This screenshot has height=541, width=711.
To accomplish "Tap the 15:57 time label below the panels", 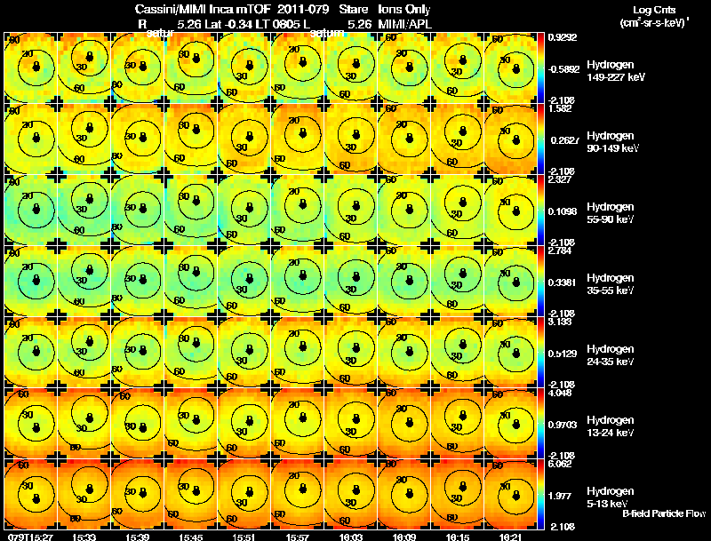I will (x=301, y=537).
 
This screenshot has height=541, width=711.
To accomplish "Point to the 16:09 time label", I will (x=408, y=537).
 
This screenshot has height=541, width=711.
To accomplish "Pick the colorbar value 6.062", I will (x=563, y=464).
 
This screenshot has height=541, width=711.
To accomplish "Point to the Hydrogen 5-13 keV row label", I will (x=610, y=497).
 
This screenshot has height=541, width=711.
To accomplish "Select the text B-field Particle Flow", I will (x=664, y=513).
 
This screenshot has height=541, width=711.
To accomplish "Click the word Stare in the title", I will (x=354, y=10).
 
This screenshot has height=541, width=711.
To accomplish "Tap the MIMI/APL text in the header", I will (x=404, y=24).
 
